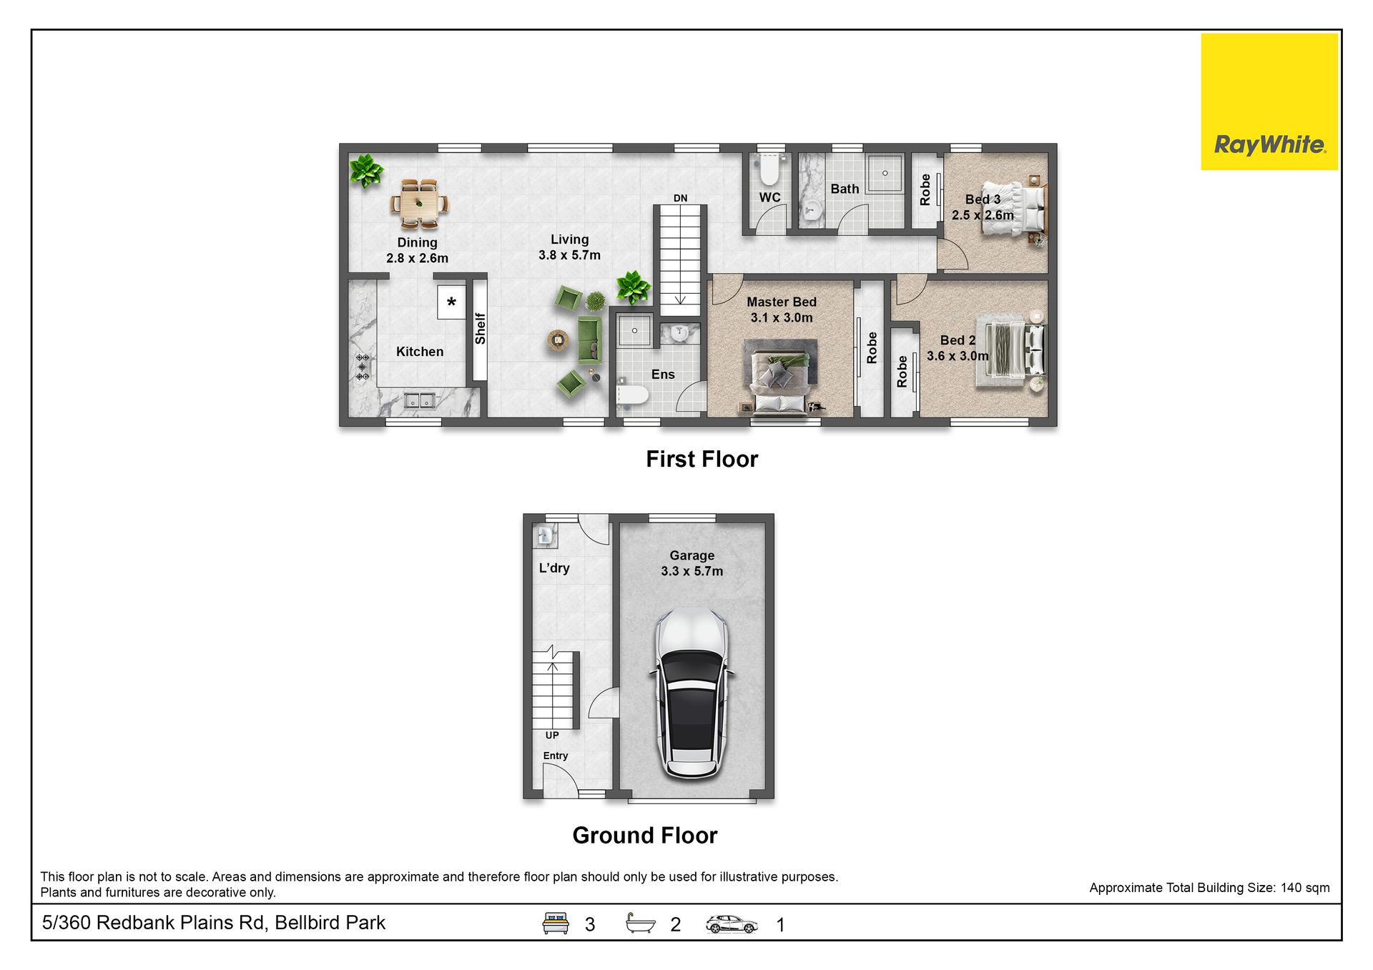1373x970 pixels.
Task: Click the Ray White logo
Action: [x=1269, y=102]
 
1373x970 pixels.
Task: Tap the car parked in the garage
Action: [x=692, y=693]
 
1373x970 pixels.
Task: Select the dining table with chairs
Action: [x=419, y=204]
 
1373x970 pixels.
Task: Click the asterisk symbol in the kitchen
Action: [x=451, y=302]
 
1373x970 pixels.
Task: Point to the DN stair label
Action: [x=680, y=198]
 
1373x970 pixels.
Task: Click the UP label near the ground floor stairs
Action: [x=552, y=735]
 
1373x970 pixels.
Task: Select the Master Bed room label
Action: [x=782, y=302]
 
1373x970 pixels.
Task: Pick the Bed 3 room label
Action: [x=983, y=199]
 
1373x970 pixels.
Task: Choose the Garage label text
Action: [x=692, y=555]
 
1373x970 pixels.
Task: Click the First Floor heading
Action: [x=702, y=459]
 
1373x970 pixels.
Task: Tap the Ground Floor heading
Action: [x=644, y=835]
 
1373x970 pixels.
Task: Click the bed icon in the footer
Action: [x=556, y=923]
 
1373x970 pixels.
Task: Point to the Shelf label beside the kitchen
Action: [x=480, y=329]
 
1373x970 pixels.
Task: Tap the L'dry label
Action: [x=554, y=568]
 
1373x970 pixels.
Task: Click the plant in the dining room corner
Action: [x=365, y=171]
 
